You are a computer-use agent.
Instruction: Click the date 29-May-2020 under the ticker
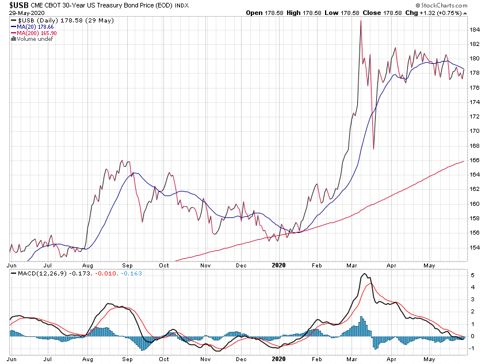click(x=22, y=13)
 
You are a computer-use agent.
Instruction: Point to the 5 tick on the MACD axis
click(x=473, y=275)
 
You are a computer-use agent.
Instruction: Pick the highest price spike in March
click(x=360, y=21)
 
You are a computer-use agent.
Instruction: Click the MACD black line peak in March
click(x=364, y=275)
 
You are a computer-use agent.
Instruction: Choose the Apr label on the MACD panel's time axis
click(x=391, y=358)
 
